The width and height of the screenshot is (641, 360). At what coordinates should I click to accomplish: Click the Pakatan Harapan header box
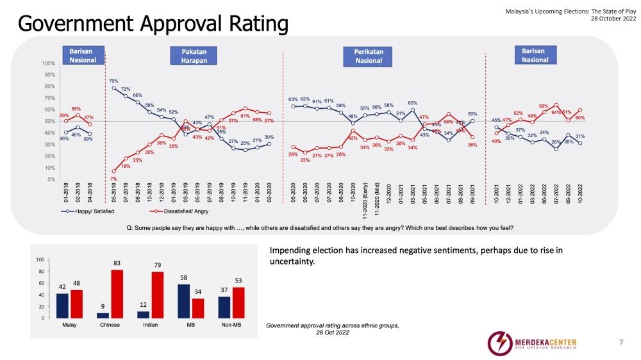coord(193,55)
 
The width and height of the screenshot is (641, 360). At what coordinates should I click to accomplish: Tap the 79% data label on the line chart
coord(113,81)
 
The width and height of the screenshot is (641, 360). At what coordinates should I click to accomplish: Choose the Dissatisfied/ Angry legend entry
coord(172,211)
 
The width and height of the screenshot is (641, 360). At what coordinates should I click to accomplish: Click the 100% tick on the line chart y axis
coord(48,63)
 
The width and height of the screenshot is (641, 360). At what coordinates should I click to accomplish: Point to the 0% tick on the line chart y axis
coord(50,179)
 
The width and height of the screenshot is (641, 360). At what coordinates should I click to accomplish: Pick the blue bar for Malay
coord(62,306)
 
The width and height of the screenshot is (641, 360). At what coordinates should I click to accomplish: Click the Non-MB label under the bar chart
coord(231,326)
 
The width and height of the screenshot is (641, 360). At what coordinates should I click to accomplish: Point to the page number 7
coord(620,343)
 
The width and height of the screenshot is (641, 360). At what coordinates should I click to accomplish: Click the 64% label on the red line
coord(556,112)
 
